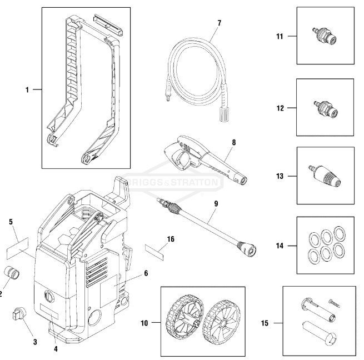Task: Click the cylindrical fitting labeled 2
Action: click(11, 274)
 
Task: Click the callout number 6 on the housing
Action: click(146, 273)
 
